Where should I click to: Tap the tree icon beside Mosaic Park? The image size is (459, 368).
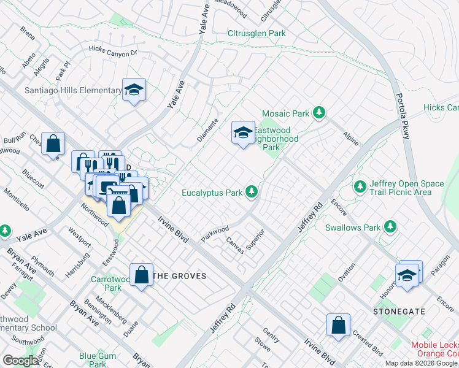point(318,113)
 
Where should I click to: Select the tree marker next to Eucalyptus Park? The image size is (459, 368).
point(251,193)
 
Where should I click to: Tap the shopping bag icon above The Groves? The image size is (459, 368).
point(142,275)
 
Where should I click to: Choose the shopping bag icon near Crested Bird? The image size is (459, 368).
point(339,326)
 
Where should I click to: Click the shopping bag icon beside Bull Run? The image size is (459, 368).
point(53,144)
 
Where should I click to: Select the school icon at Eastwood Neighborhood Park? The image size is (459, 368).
point(243,132)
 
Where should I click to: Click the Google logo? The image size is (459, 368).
point(21,361)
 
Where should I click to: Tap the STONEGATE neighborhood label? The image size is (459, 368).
point(399,312)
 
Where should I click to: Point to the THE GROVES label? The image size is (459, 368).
point(179,276)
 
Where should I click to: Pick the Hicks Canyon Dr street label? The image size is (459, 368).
point(113,51)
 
